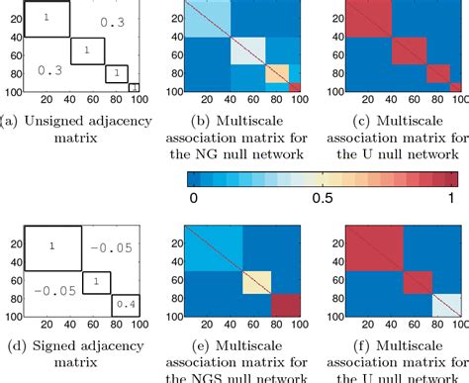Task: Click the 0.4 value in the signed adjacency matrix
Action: pyautogui.click(x=128, y=305)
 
